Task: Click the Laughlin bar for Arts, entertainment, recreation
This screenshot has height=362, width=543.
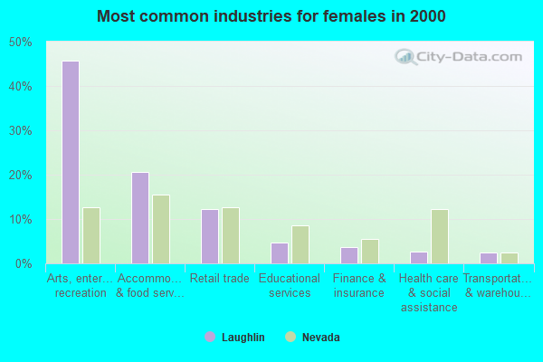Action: (x=71, y=163)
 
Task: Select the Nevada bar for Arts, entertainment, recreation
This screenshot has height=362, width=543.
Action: (x=91, y=236)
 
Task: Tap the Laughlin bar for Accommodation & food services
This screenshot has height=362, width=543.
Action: (x=140, y=218)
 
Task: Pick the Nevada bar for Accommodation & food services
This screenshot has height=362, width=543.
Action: (x=161, y=230)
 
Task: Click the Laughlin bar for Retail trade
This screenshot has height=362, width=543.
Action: (x=210, y=236)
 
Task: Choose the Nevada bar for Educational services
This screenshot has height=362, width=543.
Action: (x=300, y=244)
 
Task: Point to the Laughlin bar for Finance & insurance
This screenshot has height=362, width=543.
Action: (x=349, y=255)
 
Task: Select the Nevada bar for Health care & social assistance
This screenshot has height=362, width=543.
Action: (x=440, y=236)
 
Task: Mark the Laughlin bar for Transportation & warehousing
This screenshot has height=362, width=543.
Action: (x=489, y=258)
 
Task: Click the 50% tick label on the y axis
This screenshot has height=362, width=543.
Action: (x=20, y=43)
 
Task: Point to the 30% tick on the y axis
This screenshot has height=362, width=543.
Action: (x=20, y=131)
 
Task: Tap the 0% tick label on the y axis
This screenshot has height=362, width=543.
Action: (x=23, y=264)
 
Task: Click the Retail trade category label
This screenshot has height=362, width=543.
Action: (x=220, y=279)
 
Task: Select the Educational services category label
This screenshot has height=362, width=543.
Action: (x=290, y=286)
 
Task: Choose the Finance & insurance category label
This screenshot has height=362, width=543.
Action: (x=359, y=286)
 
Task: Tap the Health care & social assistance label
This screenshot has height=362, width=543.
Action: (x=429, y=293)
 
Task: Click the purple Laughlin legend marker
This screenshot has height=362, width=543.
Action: (x=210, y=338)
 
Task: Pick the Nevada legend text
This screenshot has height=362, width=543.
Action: (x=321, y=338)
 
